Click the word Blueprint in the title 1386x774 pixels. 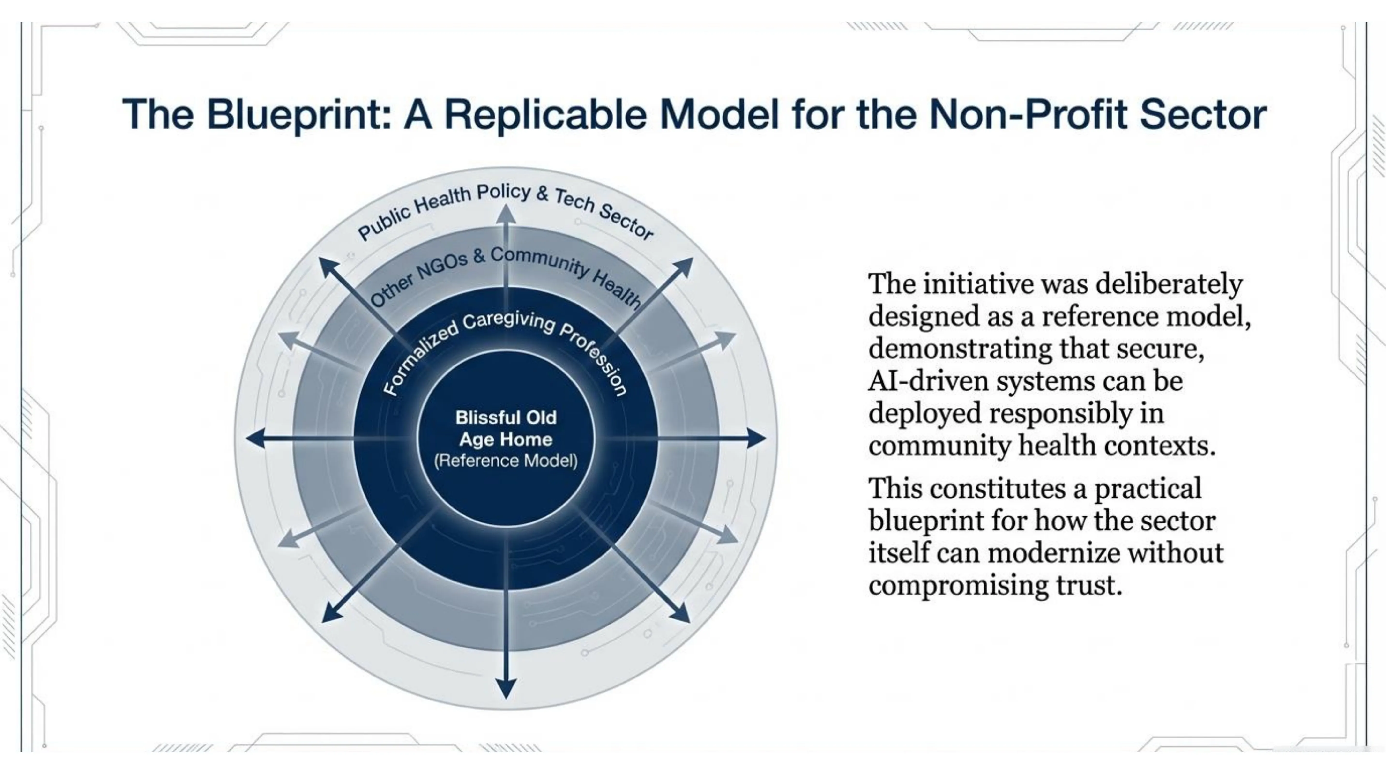click(299, 115)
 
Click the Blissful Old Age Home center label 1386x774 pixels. click(506, 428)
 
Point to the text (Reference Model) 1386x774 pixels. click(506, 461)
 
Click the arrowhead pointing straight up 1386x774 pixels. click(506, 214)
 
